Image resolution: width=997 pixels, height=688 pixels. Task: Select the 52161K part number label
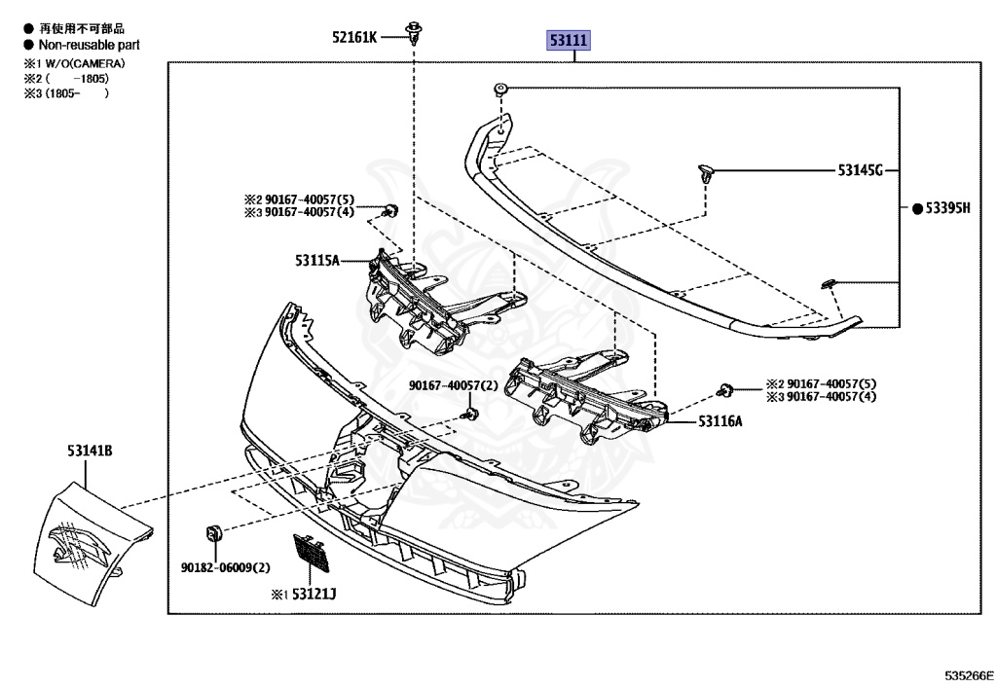(353, 37)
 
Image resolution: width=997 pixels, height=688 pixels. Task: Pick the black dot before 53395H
(916, 208)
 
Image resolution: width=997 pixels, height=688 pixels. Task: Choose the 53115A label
(318, 260)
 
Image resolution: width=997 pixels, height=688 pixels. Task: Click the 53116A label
(720, 421)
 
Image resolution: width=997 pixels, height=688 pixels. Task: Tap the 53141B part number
(90, 451)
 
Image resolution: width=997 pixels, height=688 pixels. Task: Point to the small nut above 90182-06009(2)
(215, 533)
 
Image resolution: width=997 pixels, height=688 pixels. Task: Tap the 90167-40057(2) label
(454, 386)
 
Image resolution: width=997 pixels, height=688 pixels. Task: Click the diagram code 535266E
(967, 673)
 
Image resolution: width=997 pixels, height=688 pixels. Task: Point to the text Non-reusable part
(89, 45)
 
